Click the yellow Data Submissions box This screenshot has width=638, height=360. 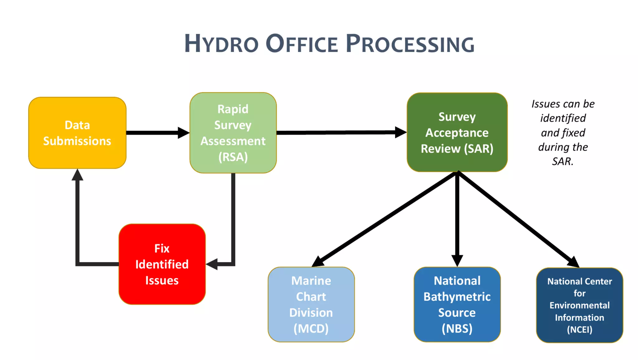coord(77,133)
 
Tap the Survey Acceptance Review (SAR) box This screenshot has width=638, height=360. coord(457,132)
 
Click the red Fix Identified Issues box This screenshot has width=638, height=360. coord(162,264)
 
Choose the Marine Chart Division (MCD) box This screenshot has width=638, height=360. coord(311,304)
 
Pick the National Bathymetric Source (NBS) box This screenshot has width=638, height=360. coord(457,304)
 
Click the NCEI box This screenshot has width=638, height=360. coord(579,305)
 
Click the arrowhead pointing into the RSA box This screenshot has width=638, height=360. coord(183,133)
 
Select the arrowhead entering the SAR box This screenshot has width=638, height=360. coord(400,132)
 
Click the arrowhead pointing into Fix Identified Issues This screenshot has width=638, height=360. coord(212,264)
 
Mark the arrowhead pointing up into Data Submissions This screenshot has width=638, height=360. coord(77,175)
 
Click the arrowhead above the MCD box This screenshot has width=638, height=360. coord(318,261)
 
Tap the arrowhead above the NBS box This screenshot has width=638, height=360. coord(457,260)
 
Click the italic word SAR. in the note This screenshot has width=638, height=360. coord(563,161)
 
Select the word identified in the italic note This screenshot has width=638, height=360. coord(563,118)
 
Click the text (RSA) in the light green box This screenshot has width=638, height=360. coord(233,157)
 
